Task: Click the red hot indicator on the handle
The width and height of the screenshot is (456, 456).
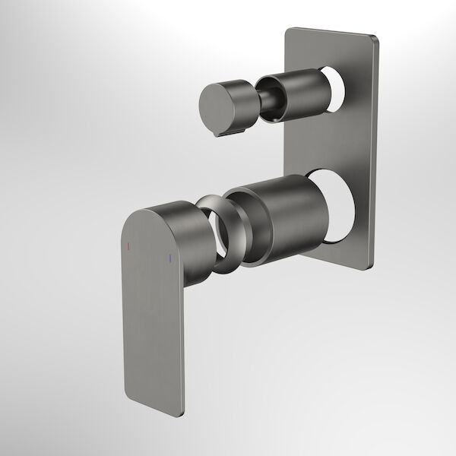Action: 128,248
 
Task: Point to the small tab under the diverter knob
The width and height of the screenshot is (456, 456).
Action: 222,132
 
